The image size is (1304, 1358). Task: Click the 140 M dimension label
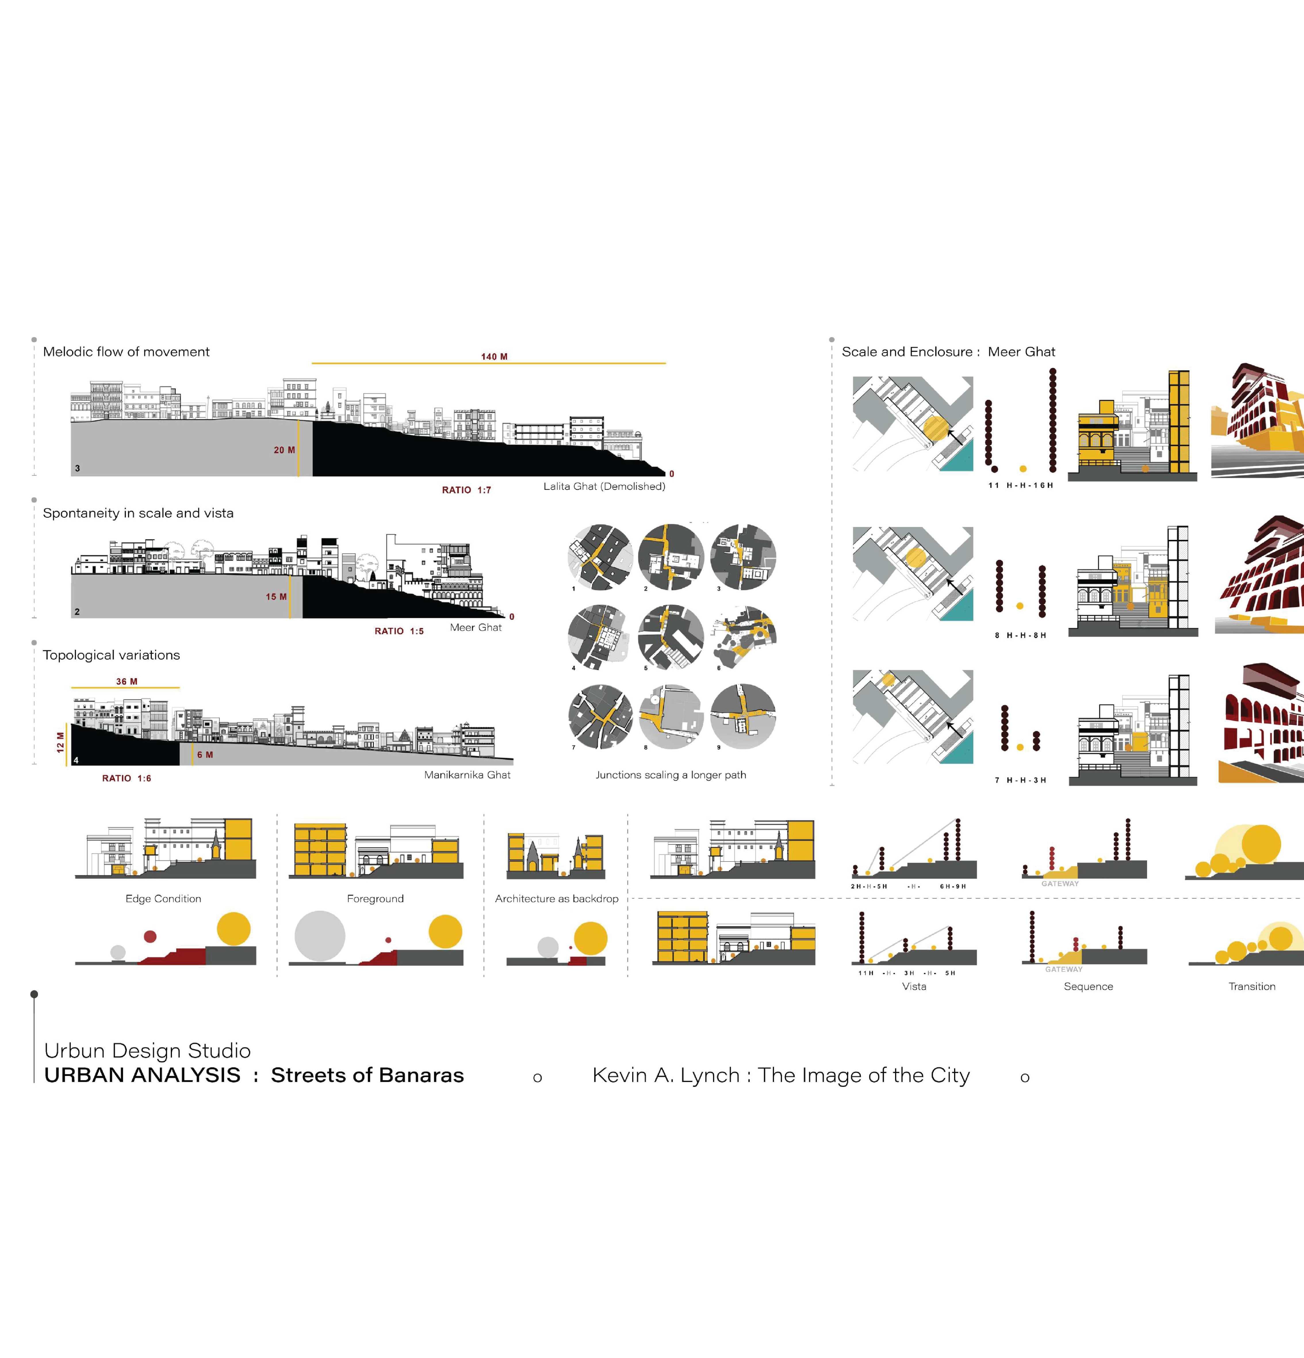pos(494,357)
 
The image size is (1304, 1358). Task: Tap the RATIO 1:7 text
pos(466,490)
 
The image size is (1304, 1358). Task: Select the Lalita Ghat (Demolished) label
pos(604,486)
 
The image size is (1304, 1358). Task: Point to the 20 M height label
pos(284,450)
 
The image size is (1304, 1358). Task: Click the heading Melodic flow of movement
pos(126,352)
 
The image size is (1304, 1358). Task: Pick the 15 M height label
pos(276,596)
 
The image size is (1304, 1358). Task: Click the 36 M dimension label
pos(127,682)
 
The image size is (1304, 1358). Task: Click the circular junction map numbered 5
pos(670,637)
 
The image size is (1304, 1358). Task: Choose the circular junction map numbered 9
pos(743,716)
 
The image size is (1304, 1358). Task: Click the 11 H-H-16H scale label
pos(1020,486)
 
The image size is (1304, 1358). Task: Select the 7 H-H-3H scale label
pos(1020,780)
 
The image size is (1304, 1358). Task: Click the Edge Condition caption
pos(164,899)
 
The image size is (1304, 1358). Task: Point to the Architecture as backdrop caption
pos(556,899)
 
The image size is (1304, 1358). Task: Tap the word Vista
pos(914,987)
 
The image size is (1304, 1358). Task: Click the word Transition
pos(1251,987)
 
